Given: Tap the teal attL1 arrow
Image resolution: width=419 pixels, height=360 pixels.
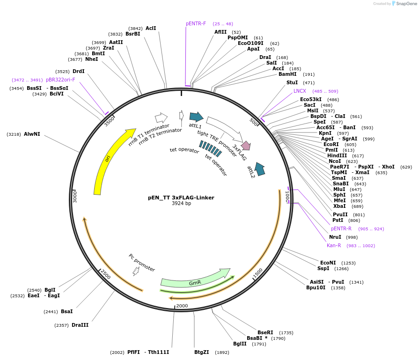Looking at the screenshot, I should (196, 117).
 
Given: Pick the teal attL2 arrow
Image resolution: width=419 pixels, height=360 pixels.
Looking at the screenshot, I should (259, 169).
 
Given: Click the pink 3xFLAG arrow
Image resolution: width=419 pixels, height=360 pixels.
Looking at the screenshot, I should (246, 146).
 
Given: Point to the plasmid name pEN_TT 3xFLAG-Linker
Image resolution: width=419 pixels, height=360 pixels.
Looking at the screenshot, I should (181, 198).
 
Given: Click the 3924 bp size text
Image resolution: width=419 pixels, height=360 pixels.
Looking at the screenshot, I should (181, 204).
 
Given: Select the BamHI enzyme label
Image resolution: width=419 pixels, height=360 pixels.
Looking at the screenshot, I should (287, 74).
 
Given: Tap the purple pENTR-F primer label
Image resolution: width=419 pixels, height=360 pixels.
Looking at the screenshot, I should (196, 24).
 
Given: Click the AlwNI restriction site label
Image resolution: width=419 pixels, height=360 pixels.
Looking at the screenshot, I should (32, 134).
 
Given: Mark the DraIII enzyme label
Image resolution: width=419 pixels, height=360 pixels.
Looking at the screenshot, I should (80, 325).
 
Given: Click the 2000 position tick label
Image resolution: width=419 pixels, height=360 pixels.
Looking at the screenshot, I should (182, 306).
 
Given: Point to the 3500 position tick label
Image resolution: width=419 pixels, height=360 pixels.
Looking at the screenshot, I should (109, 122).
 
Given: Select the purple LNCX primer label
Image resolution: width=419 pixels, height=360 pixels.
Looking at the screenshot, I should (300, 91).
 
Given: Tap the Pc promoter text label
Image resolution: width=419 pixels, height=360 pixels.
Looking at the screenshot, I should (142, 263).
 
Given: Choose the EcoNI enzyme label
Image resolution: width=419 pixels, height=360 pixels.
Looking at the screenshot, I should (328, 263).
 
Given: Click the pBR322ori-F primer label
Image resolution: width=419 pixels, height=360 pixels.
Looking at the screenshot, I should (60, 80).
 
